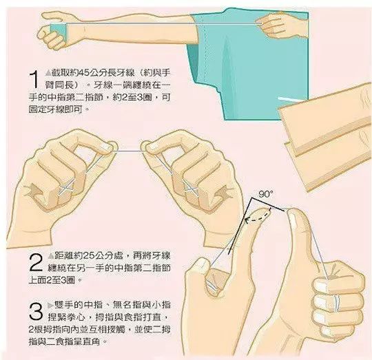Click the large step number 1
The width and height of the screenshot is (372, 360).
pos(34,79)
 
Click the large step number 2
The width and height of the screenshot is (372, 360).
pos(36,262)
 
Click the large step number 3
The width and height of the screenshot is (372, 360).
pos(36,310)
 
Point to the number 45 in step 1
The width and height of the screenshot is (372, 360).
pos(83,73)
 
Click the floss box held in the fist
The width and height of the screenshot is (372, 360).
pos(59,31)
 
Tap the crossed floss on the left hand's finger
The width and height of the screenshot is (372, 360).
pos(67,189)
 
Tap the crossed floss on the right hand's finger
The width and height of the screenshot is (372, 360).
pos(192,189)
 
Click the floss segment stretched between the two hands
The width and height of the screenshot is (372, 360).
pos(130,151)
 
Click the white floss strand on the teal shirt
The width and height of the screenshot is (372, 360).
pos(287,99)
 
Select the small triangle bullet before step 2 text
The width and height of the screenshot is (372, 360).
pos(51,256)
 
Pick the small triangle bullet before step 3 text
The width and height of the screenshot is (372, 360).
pos(50,306)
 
